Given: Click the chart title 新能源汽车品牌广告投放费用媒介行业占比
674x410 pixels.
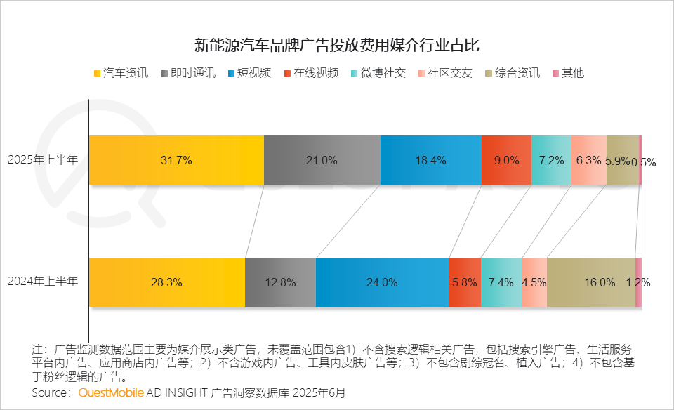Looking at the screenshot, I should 336,46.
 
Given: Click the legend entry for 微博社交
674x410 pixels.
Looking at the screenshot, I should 383,73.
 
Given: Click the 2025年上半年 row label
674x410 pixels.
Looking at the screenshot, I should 43,160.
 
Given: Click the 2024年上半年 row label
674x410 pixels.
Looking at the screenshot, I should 43,282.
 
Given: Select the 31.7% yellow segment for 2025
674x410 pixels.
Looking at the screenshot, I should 176,160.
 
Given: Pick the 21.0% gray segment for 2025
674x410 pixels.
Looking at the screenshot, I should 322,160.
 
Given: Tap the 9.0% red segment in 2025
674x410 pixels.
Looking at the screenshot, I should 506,160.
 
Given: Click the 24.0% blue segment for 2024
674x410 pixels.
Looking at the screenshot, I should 382,282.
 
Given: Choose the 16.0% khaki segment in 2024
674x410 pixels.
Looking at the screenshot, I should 590,282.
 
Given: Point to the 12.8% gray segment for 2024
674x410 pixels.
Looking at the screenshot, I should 280,282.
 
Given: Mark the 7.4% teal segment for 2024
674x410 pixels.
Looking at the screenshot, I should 501,282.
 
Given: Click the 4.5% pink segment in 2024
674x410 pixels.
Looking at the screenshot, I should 534,282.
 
